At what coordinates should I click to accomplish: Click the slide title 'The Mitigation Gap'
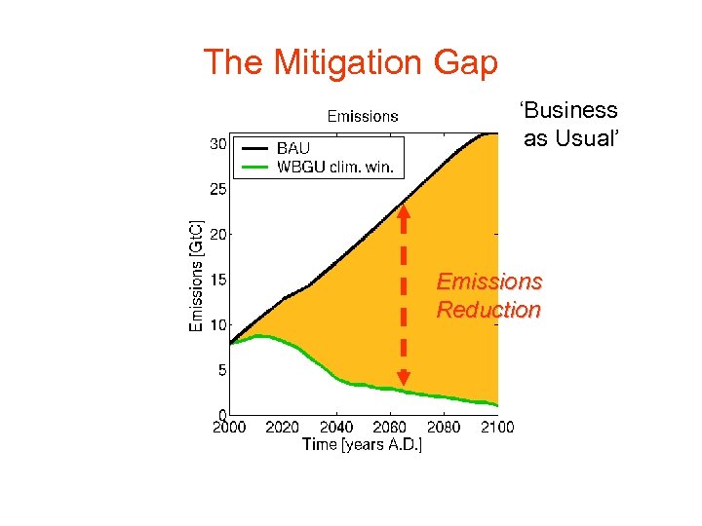pos(350,63)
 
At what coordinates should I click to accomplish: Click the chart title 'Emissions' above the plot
pos(363,116)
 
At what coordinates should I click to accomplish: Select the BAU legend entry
pos(292,149)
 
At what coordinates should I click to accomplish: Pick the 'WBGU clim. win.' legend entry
pos(334,167)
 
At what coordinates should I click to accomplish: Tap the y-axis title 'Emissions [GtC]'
pos(195,275)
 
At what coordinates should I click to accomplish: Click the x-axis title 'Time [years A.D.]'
pos(362,444)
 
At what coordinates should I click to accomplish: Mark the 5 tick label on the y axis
pos(221,370)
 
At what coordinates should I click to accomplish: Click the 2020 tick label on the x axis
pos(283,427)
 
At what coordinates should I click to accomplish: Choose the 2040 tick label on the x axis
pos(336,427)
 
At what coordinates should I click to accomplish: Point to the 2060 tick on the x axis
pos(390,427)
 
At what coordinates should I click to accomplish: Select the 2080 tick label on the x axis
pos(444,427)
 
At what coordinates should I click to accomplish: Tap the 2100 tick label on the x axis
pos(496,427)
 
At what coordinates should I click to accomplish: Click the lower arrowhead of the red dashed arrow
pos(404,378)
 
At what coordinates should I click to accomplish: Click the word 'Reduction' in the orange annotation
pos(487,311)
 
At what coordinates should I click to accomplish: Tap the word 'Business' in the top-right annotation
pos(569,111)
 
